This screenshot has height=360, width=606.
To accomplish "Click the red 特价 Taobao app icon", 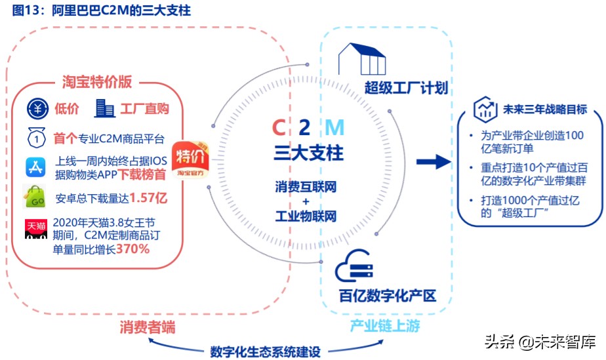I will [x=191, y=160].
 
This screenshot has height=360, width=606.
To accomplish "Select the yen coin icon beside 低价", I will [x=38, y=108].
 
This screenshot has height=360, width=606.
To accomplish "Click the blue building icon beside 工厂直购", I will [x=105, y=108].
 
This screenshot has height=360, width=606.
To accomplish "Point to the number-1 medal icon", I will [x=35, y=138].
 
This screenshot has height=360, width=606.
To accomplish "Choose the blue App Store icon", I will [x=35, y=167].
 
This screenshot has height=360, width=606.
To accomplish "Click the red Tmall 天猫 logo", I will [x=36, y=229].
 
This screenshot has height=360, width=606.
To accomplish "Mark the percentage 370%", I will [x=133, y=249].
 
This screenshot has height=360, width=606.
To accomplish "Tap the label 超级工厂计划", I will [x=407, y=88].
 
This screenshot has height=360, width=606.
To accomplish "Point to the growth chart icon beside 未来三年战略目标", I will [x=485, y=109].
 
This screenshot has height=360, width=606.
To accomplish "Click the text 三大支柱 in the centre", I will [x=308, y=154].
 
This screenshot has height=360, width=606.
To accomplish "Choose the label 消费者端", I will [x=148, y=326].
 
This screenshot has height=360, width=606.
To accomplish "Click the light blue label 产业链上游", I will [x=384, y=326].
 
